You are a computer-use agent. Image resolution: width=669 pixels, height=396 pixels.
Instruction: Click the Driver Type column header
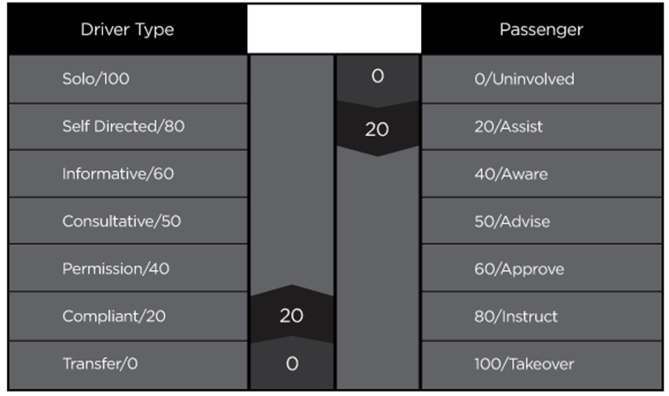click(127, 29)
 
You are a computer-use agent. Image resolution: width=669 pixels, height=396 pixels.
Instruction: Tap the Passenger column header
click(541, 29)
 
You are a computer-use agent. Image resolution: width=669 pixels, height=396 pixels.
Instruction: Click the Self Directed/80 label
click(123, 126)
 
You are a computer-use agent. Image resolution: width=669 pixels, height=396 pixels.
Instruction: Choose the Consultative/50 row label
click(122, 221)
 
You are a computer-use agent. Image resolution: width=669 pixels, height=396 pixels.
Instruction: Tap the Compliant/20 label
click(114, 316)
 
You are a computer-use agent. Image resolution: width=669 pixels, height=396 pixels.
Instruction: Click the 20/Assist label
click(508, 126)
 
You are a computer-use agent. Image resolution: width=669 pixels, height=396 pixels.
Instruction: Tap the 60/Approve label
click(519, 269)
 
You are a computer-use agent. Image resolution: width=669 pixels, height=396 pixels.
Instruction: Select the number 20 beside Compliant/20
click(291, 316)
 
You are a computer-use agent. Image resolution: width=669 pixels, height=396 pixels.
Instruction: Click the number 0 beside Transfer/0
click(292, 363)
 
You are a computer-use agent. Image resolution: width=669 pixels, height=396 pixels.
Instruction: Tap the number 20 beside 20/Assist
click(377, 129)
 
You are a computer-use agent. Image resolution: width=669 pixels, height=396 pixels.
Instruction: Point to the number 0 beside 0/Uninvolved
click(378, 76)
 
